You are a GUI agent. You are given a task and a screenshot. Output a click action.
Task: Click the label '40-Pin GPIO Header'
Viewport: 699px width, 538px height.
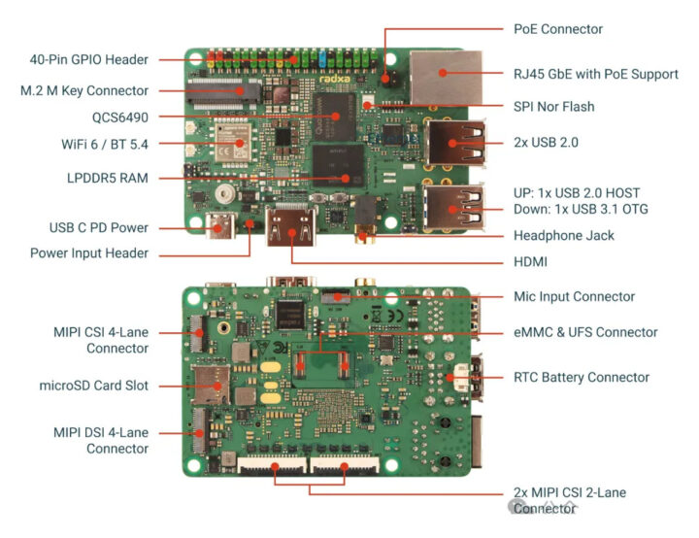[88, 59]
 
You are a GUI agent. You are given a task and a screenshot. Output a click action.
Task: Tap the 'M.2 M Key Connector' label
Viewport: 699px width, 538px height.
[84, 90]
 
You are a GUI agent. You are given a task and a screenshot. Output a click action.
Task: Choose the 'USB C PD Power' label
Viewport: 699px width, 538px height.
[98, 228]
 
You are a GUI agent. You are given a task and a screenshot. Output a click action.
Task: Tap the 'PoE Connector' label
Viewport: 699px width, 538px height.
[557, 29]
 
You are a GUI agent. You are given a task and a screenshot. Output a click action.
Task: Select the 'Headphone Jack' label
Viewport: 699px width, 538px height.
[563, 235]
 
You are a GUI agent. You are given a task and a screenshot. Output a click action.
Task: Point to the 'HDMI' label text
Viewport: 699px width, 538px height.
[532, 262]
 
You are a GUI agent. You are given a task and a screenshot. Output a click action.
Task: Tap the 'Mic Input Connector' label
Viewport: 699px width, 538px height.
[574, 296]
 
